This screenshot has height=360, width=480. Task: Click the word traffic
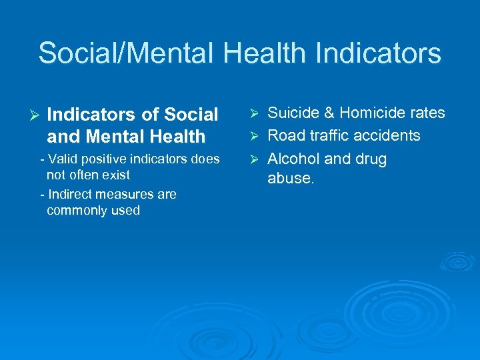328,135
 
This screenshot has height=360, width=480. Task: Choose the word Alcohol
293,159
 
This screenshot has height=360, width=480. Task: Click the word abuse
290,179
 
